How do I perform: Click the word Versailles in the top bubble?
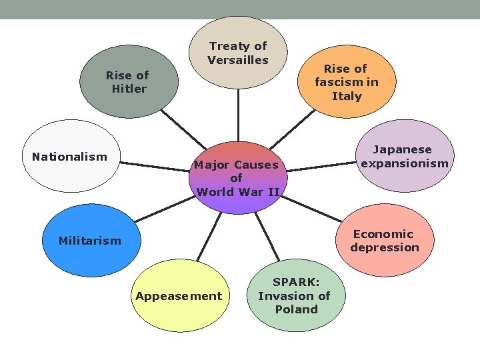tap(238, 60)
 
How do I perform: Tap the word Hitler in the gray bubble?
tap(129, 89)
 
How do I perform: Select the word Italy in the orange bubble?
tap(347, 96)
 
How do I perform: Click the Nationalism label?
tap(69, 157)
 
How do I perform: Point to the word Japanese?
tap(402, 150)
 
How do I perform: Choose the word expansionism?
tap(405, 163)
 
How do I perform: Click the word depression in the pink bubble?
tap(385, 247)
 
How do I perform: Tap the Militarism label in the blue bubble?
tap(89, 241)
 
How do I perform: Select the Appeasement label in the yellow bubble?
tap(179, 296)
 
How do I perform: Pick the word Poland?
tap(296, 309)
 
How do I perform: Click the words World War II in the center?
tap(237, 192)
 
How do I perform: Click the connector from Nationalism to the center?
tap(157, 162)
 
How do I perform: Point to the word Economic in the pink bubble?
tap(383, 234)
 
